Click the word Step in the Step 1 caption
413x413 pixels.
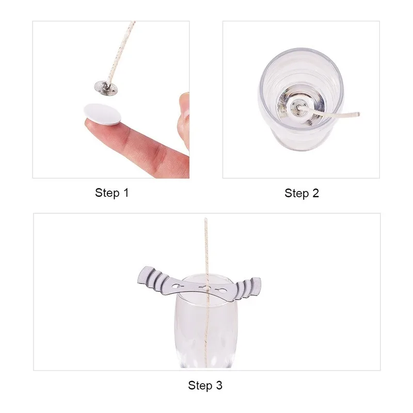(x=107, y=193)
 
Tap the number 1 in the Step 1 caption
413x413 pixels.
(x=126, y=193)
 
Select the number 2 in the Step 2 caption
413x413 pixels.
(x=315, y=193)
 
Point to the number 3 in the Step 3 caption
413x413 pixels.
(x=219, y=385)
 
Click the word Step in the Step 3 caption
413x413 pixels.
(x=200, y=386)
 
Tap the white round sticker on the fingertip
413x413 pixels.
(x=102, y=114)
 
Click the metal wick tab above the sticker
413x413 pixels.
(x=105, y=87)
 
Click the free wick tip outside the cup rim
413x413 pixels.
(x=358, y=114)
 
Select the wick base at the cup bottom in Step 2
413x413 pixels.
(x=300, y=107)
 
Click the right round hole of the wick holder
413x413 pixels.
(x=223, y=291)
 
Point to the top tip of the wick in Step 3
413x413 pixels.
(x=205, y=218)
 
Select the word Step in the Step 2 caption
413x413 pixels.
(x=296, y=194)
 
